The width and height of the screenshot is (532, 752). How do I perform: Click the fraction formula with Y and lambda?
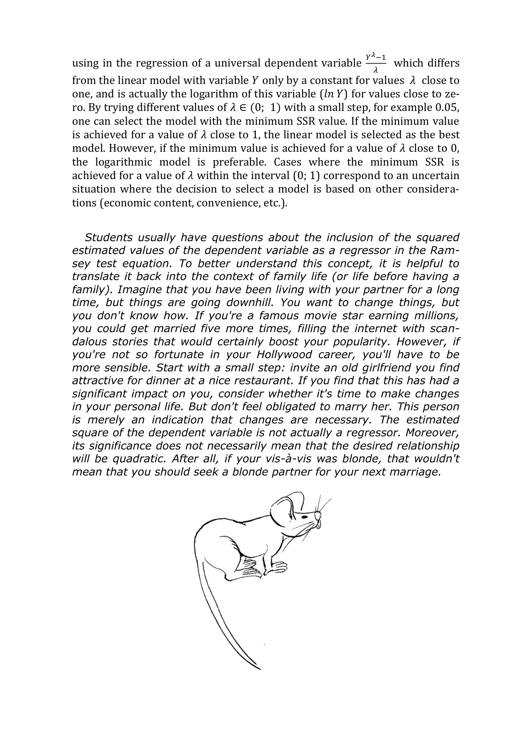(x=376, y=62)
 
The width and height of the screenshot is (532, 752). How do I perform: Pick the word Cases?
(x=287, y=162)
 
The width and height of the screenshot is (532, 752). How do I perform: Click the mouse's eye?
(x=305, y=517)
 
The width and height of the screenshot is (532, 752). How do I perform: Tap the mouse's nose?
(x=317, y=515)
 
